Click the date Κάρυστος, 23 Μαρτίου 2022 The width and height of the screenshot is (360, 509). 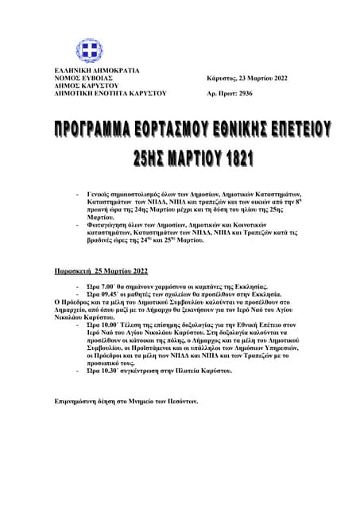(x=246, y=78)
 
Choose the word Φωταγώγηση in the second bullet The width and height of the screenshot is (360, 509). (x=109, y=224)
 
